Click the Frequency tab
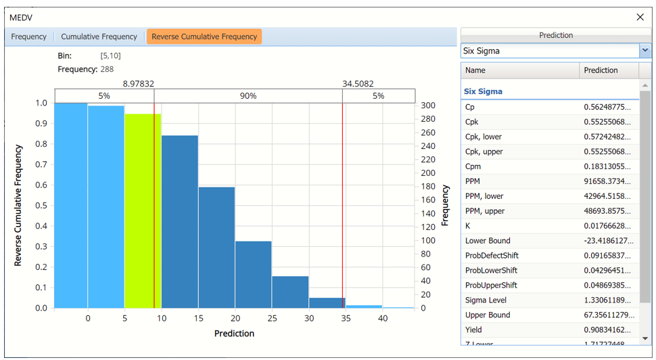click(x=29, y=37)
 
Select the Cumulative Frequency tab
click(x=99, y=37)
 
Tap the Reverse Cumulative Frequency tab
click(x=204, y=37)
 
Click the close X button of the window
click(x=640, y=17)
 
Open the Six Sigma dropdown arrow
click(x=645, y=51)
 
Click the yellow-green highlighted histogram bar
click(x=142, y=210)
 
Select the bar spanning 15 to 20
click(x=216, y=247)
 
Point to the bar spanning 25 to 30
click(x=290, y=292)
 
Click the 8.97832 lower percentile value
click(x=139, y=84)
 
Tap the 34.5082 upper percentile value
click(x=358, y=84)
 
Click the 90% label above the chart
click(x=248, y=96)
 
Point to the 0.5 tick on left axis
click(x=41, y=206)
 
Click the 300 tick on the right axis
click(x=427, y=106)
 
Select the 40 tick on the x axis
click(x=383, y=319)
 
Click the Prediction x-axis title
click(x=234, y=334)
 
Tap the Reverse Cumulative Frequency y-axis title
click(x=19, y=205)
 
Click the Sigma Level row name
click(x=486, y=300)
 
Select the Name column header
click(x=475, y=70)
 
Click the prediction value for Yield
click(x=607, y=330)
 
